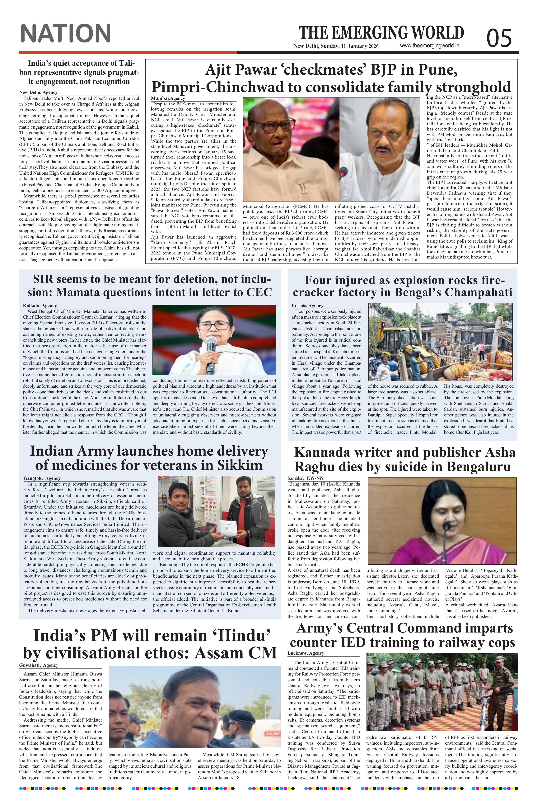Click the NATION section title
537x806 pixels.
point(66,33)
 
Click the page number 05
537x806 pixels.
point(499,38)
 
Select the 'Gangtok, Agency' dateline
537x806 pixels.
point(42,478)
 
